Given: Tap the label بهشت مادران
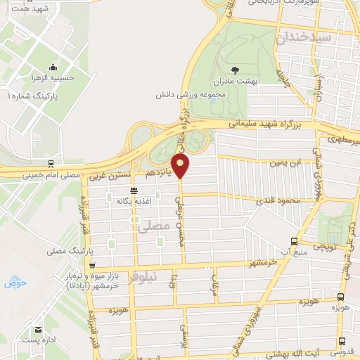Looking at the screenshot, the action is point(235,82).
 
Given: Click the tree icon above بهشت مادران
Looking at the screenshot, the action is point(235,70).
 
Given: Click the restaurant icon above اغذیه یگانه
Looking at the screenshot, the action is point(134,191).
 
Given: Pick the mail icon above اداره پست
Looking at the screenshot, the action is point(39,328).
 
